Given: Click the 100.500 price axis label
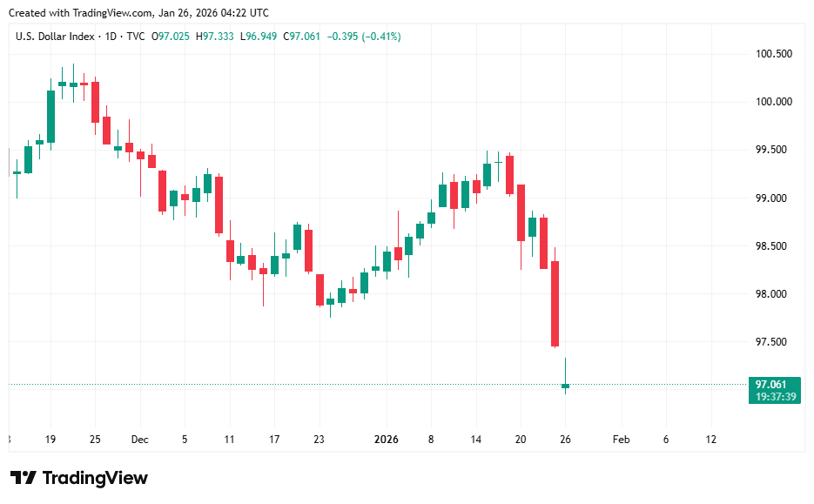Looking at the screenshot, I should (x=773, y=54).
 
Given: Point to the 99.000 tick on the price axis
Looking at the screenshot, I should (x=773, y=198).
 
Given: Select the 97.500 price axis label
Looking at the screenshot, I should (x=773, y=342).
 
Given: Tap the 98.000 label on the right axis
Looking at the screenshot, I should (x=773, y=294).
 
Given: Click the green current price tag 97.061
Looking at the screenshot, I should (x=773, y=384).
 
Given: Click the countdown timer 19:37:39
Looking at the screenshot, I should (x=773, y=396).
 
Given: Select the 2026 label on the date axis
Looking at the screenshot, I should (x=386, y=440).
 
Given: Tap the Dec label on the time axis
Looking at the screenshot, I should (x=139, y=440).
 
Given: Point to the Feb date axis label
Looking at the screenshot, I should (x=621, y=440).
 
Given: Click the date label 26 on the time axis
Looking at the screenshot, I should (x=565, y=440).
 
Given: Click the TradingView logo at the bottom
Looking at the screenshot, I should (x=79, y=478).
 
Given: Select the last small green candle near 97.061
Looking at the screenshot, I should (x=565, y=386).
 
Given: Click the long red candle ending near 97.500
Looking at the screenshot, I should (x=555, y=303).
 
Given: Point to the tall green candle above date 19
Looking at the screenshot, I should (x=50, y=116).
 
